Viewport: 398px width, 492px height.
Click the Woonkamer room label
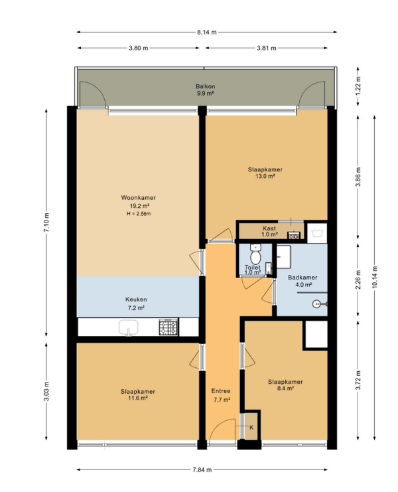tap(138, 198)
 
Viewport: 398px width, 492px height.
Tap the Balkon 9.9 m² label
tap(205, 90)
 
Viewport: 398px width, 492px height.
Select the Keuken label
tap(136, 299)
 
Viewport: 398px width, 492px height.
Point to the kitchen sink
tap(129, 328)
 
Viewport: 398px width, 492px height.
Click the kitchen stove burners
tap(168, 327)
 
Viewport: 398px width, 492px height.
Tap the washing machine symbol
tap(317, 233)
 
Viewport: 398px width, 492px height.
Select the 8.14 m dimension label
tap(207, 32)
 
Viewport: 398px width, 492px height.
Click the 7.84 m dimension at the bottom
tap(202, 469)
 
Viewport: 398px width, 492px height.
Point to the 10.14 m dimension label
tap(375, 277)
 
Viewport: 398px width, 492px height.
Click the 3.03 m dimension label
tap(46, 391)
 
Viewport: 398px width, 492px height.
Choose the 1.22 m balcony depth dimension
tap(358, 86)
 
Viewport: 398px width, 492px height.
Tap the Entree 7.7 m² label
tap(222, 395)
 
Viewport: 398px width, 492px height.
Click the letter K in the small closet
tap(251, 428)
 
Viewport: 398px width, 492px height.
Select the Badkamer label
tap(302, 278)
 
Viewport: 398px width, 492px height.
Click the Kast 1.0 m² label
tap(269, 232)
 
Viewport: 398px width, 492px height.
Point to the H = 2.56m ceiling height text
tap(139, 214)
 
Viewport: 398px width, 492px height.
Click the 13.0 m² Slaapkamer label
tap(265, 173)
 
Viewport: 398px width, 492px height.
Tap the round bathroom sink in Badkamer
tap(317, 303)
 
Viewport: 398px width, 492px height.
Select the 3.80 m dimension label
tap(138, 48)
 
